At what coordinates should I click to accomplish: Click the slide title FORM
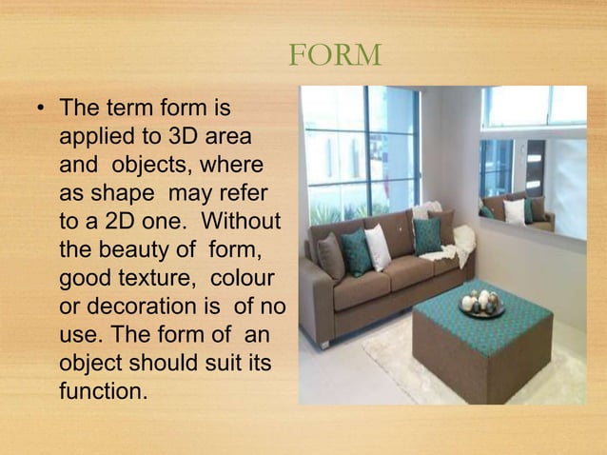[x=334, y=55]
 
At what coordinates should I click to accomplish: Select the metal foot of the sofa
[x=323, y=343]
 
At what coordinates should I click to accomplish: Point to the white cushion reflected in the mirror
[x=514, y=210]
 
